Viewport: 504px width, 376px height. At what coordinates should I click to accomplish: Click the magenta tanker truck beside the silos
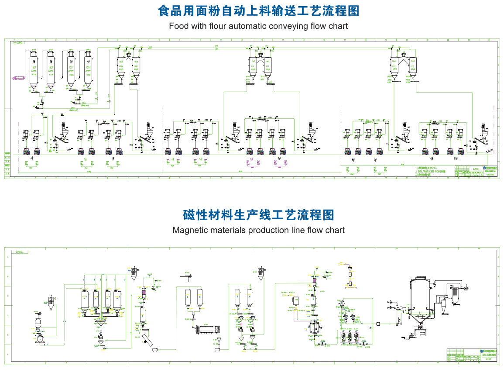click(19, 78)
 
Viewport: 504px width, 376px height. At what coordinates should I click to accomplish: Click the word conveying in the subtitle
click(277, 26)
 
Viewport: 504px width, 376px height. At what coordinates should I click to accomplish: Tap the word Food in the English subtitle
click(178, 26)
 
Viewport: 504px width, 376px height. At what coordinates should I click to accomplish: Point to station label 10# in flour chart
click(431, 159)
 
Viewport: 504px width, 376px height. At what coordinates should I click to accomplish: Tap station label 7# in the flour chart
click(279, 159)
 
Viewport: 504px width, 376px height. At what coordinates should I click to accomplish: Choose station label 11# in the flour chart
click(456, 159)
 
